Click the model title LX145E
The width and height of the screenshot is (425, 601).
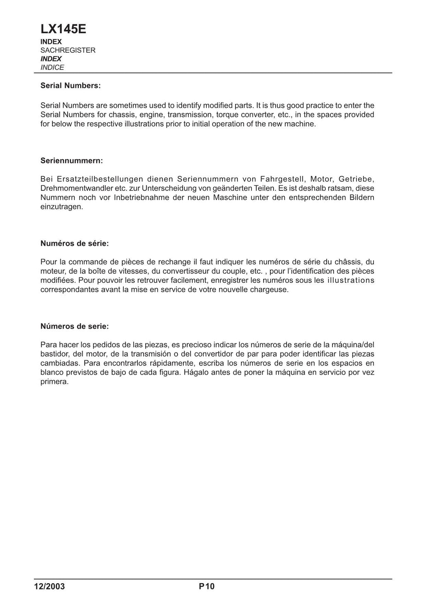tap(64, 29)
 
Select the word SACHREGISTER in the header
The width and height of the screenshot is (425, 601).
tap(68, 50)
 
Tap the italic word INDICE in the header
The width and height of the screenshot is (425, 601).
tap(52, 67)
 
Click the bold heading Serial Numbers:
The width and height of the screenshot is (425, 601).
tap(71, 86)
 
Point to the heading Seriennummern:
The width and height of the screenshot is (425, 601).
tap(71, 161)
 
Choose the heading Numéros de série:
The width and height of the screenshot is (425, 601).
tap(75, 243)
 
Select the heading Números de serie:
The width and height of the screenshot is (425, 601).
tap(75, 326)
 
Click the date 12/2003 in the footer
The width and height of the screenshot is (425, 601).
tap(49, 586)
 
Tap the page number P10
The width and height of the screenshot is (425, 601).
tap(206, 586)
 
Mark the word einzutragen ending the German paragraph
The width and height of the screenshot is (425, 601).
tap(61, 207)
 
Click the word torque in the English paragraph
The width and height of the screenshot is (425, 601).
tap(227, 114)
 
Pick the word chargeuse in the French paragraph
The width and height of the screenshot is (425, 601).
tap(271, 290)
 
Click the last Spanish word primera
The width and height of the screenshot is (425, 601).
tap(54, 382)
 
